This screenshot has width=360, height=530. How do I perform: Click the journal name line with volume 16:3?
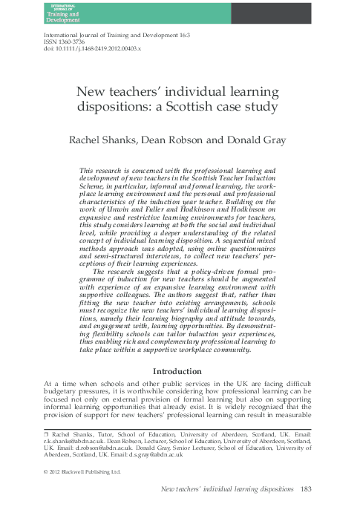[117, 35]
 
